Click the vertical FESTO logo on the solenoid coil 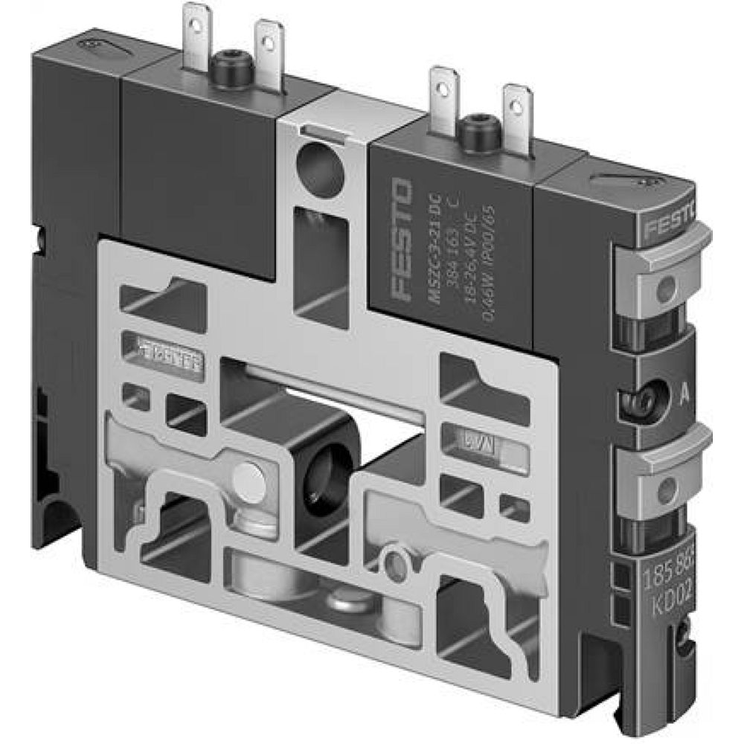(x=400, y=240)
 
